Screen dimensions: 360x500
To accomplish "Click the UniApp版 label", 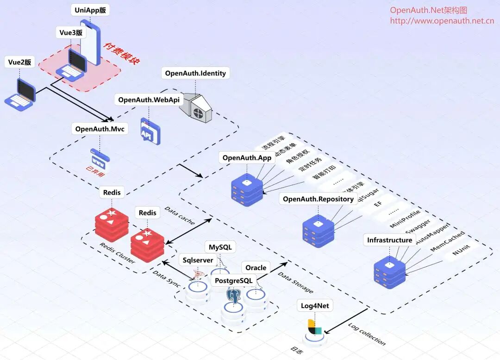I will (x=93, y=10).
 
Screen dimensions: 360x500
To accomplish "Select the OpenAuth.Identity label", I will (x=195, y=73).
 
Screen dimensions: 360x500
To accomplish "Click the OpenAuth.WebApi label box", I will (x=149, y=100).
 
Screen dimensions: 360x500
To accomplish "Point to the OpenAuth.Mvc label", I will (x=100, y=129).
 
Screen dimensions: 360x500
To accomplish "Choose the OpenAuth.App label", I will (x=247, y=158).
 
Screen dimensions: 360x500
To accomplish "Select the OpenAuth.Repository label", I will (x=318, y=199).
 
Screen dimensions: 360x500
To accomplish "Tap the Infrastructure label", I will (x=389, y=240).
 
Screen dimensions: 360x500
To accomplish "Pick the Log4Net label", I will (x=317, y=306).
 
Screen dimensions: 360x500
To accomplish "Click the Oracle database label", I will (x=256, y=268).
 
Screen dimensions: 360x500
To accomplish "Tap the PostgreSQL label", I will (x=234, y=281).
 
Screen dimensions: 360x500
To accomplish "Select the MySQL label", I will (x=220, y=247).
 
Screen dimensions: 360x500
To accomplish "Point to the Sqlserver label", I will (x=198, y=260).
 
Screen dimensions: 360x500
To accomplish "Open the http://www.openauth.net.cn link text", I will (x=442, y=21).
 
